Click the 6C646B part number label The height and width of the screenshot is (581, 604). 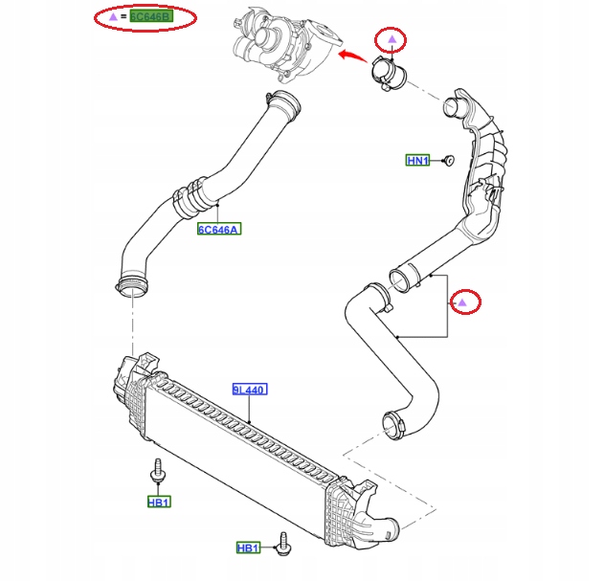tap(152, 17)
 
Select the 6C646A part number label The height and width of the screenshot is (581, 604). tap(219, 229)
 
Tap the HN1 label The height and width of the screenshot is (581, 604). tap(418, 161)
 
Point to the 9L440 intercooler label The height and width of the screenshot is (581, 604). tap(249, 390)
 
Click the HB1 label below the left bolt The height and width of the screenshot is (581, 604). tap(159, 502)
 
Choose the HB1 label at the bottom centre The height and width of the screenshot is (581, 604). tap(249, 547)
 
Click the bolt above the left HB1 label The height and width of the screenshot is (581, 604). tap(158, 474)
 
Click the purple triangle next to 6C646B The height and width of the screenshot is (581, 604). tap(113, 17)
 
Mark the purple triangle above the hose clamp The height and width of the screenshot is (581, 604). tap(391, 39)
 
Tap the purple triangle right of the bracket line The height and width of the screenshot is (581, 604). tap(463, 302)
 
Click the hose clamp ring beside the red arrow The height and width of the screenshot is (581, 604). tap(390, 75)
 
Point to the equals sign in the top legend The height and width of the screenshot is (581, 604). tap(123, 17)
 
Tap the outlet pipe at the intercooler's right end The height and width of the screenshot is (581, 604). tap(384, 527)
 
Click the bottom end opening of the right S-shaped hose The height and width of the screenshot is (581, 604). tap(392, 421)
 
